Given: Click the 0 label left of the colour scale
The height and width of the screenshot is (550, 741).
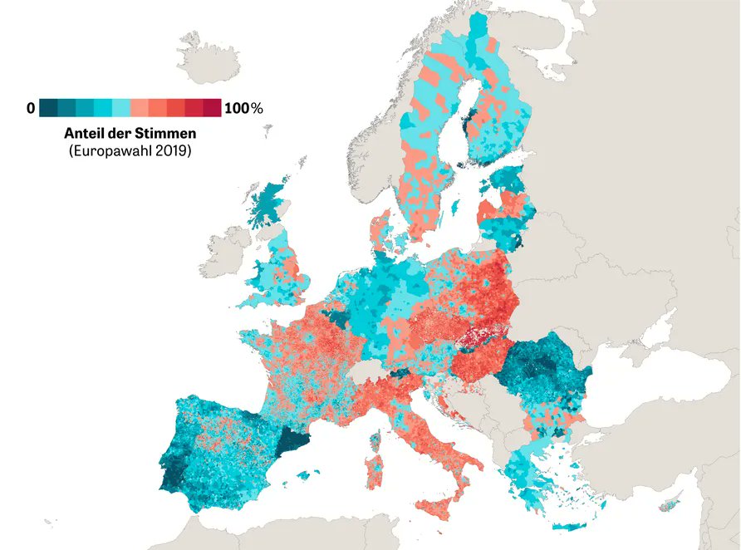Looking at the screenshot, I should point(31,108).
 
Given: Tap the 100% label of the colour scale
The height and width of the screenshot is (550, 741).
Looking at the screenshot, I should point(243,108).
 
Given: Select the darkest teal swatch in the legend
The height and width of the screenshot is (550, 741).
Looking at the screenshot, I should point(48,108).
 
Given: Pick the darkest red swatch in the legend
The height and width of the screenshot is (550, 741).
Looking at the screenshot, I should point(213,108).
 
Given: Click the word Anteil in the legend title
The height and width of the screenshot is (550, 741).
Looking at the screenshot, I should point(83,133).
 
